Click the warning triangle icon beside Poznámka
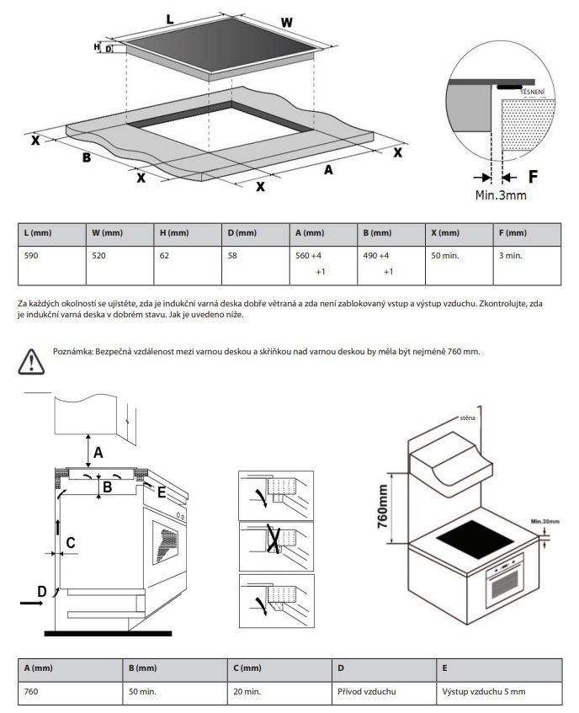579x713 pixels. click(30, 359)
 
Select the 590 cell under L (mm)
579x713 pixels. click(34, 254)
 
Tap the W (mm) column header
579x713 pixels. click(106, 232)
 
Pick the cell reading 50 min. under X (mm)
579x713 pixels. click(444, 254)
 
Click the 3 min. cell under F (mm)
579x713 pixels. click(511, 254)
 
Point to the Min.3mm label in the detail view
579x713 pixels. click(501, 195)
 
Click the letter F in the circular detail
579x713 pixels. click(533, 177)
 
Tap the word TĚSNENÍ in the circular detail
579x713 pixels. click(533, 91)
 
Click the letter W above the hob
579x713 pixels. click(287, 22)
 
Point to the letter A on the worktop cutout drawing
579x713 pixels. click(329, 170)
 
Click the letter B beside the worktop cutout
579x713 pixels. click(86, 157)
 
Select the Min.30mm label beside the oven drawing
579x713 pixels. click(544, 522)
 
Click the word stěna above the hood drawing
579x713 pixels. click(468, 418)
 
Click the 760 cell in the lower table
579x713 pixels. click(34, 692)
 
